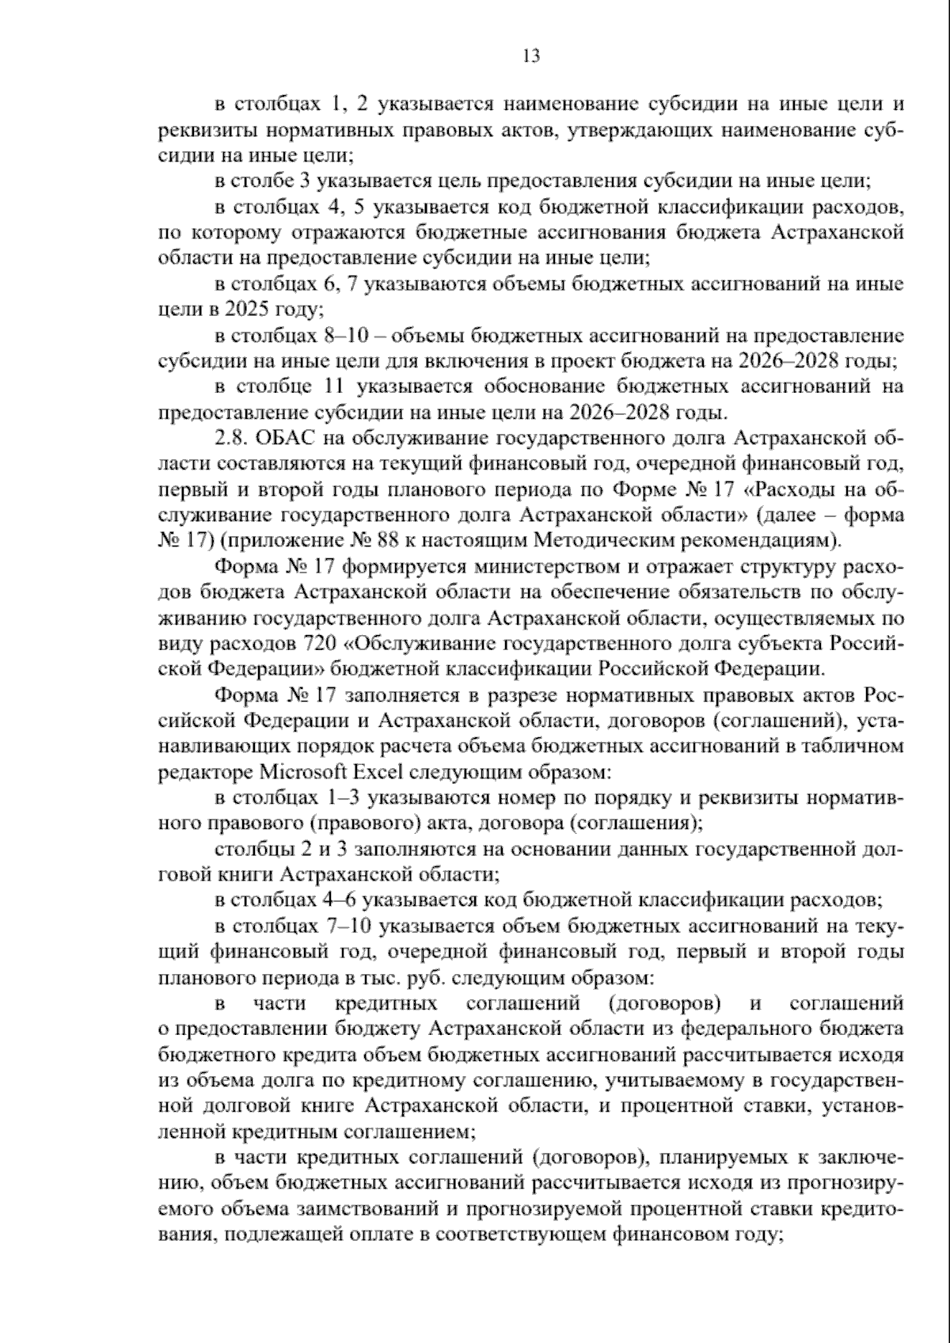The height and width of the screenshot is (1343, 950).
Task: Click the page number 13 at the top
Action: [x=531, y=55]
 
